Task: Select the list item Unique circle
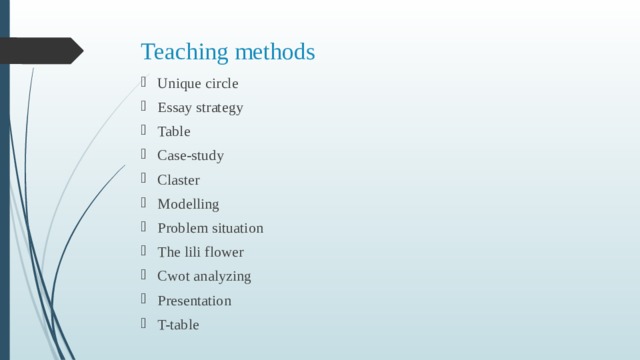pyautogui.click(x=198, y=83)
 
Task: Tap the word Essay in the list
pyautogui.click(x=174, y=107)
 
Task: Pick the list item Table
pyautogui.click(x=173, y=131)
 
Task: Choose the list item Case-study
pyautogui.click(x=190, y=156)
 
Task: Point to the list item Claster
pyautogui.click(x=178, y=180)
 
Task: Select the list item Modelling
pyautogui.click(x=188, y=204)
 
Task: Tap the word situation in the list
pyautogui.click(x=238, y=228)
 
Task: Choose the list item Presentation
pyautogui.click(x=194, y=300)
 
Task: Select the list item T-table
pyautogui.click(x=178, y=324)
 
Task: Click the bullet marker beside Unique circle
pyautogui.click(x=145, y=83)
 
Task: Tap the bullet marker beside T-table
pyautogui.click(x=145, y=324)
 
